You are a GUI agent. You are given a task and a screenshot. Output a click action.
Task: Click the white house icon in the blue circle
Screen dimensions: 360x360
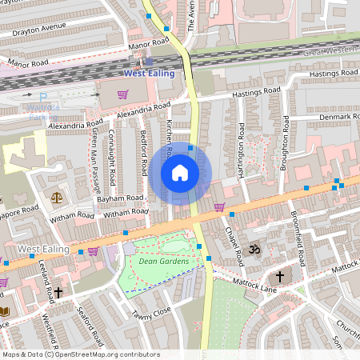(180, 173)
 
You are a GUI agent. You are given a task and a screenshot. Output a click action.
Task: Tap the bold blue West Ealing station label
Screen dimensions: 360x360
(151, 74)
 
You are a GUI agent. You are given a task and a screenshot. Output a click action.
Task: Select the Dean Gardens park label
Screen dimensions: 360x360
(163, 262)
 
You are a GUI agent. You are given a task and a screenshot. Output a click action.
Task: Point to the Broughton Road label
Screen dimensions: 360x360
(285, 142)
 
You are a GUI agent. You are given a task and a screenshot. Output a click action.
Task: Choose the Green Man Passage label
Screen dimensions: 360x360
(95, 160)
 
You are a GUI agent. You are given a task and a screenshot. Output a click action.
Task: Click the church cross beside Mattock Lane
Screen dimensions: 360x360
(280, 277)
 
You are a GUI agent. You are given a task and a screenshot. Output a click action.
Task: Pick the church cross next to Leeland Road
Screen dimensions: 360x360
(58, 293)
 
